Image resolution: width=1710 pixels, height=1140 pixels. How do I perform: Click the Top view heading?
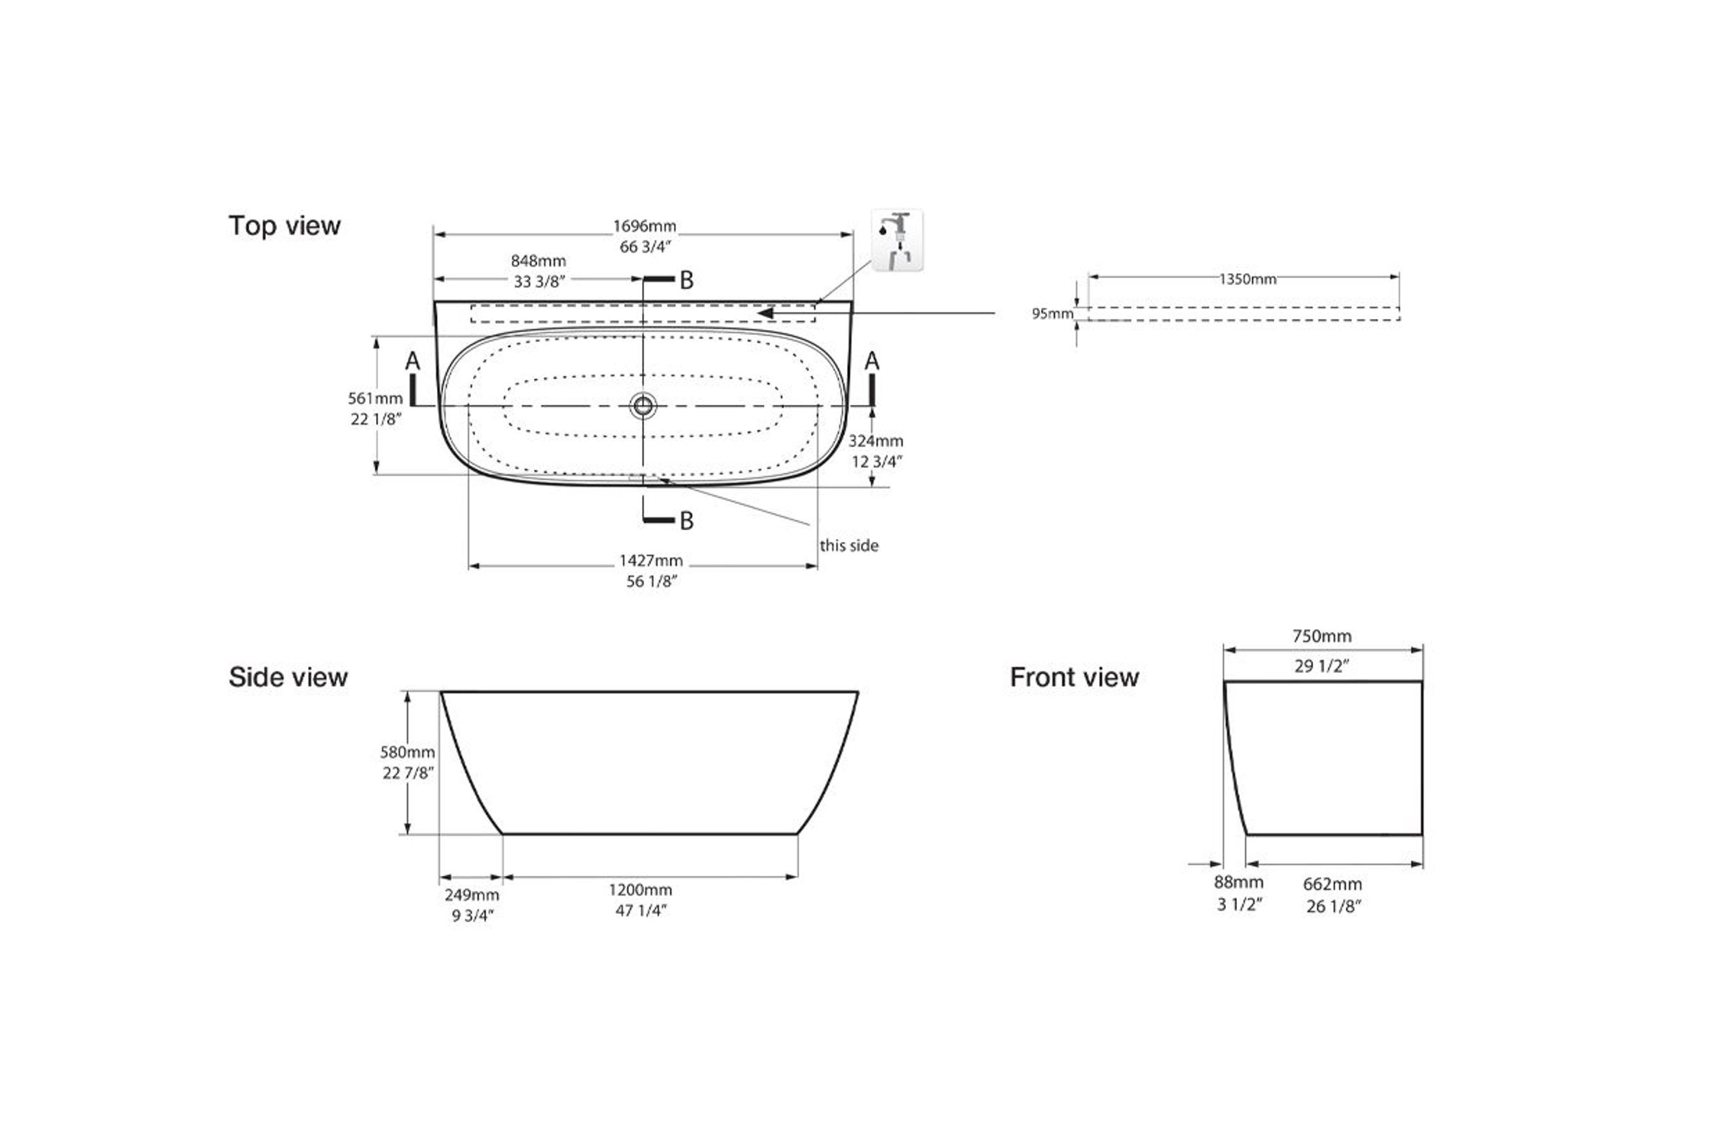pyautogui.click(x=284, y=226)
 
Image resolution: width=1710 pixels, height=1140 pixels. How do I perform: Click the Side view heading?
pyautogui.click(x=288, y=677)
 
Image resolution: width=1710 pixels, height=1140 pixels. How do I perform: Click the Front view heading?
pyautogui.click(x=1074, y=677)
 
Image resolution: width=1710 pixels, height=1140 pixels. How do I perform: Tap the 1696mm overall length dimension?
pyautogui.click(x=644, y=226)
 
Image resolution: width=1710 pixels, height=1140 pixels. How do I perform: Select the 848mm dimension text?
pyautogui.click(x=538, y=260)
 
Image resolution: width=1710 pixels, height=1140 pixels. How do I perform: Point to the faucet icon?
pyautogui.click(x=897, y=240)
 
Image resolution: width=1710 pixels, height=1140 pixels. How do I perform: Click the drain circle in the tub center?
pyautogui.click(x=643, y=405)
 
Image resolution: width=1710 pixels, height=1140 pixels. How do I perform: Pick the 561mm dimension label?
pyautogui.click(x=375, y=398)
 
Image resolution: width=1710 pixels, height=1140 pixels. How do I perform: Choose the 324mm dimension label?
pyautogui.click(x=876, y=440)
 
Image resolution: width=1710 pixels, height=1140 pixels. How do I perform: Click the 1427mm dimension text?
pyautogui.click(x=651, y=561)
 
